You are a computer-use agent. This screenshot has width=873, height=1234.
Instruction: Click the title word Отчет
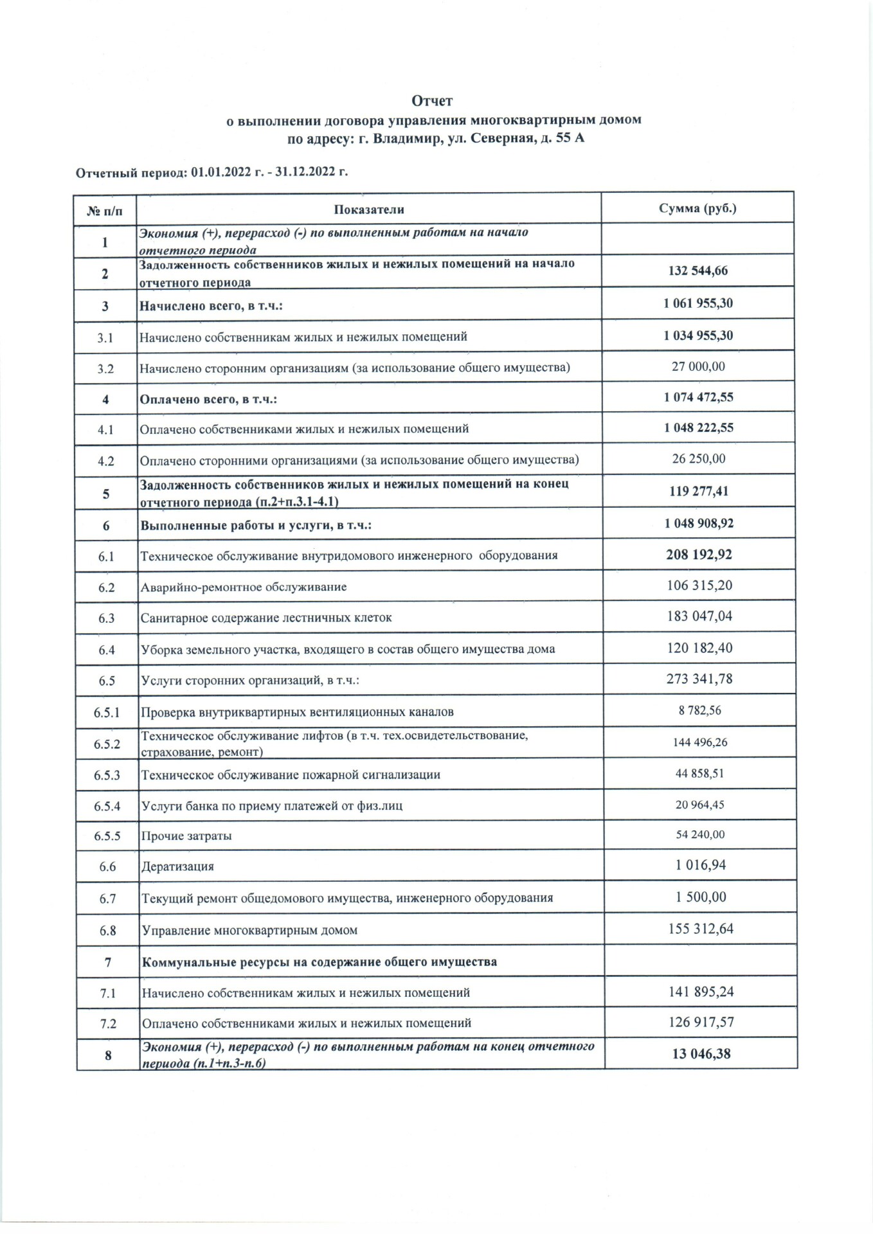coord(432,101)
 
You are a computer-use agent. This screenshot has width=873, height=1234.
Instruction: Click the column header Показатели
coord(369,209)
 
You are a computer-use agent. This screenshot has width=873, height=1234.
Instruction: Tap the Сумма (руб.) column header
coord(697,208)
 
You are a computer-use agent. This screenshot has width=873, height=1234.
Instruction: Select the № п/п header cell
coord(104,210)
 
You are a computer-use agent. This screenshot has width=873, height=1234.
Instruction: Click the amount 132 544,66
coord(698,271)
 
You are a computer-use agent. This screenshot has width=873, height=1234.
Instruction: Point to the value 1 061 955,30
coord(698,303)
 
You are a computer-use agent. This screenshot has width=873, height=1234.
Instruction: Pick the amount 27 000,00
coord(698,366)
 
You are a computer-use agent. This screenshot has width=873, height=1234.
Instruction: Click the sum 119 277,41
coord(699,491)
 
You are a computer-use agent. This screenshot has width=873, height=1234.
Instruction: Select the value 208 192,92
coord(699,555)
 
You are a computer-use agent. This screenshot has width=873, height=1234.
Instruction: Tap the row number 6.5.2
coord(107,744)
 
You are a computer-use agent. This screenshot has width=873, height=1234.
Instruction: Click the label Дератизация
coord(178,866)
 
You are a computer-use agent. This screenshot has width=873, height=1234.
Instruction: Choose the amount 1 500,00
coord(701,897)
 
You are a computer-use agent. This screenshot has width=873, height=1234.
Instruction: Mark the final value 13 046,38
coord(701,1053)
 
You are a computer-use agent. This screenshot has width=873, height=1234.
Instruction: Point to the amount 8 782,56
coord(699,711)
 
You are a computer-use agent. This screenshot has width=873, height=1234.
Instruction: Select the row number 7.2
coord(108,1023)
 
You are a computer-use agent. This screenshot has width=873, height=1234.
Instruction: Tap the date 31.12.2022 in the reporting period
coord(302,172)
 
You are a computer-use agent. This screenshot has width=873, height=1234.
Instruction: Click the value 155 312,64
coord(701,929)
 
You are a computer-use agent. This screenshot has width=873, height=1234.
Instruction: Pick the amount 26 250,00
coord(699,459)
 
